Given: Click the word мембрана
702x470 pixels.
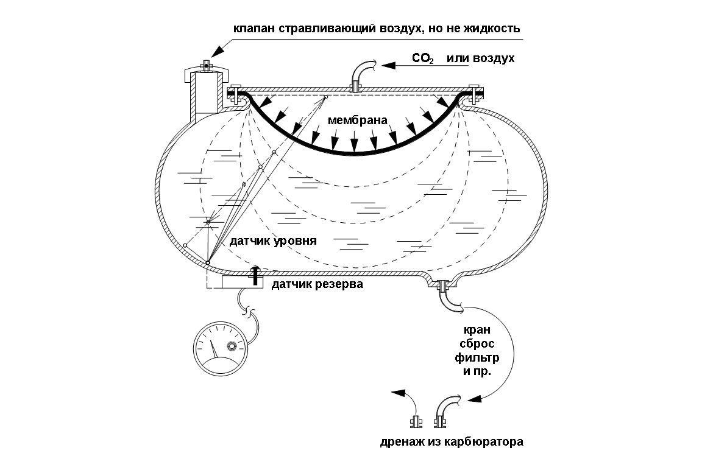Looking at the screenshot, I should pyautogui.click(x=358, y=120).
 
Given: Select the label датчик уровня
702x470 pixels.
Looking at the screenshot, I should pyautogui.click(x=274, y=240).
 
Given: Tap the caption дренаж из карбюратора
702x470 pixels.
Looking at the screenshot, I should pyautogui.click(x=450, y=442).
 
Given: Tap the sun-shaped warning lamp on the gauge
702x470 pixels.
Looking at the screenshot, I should pyautogui.click(x=232, y=347).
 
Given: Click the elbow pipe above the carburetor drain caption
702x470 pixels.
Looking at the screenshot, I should pyautogui.click(x=446, y=408).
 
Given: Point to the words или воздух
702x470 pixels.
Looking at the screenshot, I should pyautogui.click(x=481, y=59).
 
